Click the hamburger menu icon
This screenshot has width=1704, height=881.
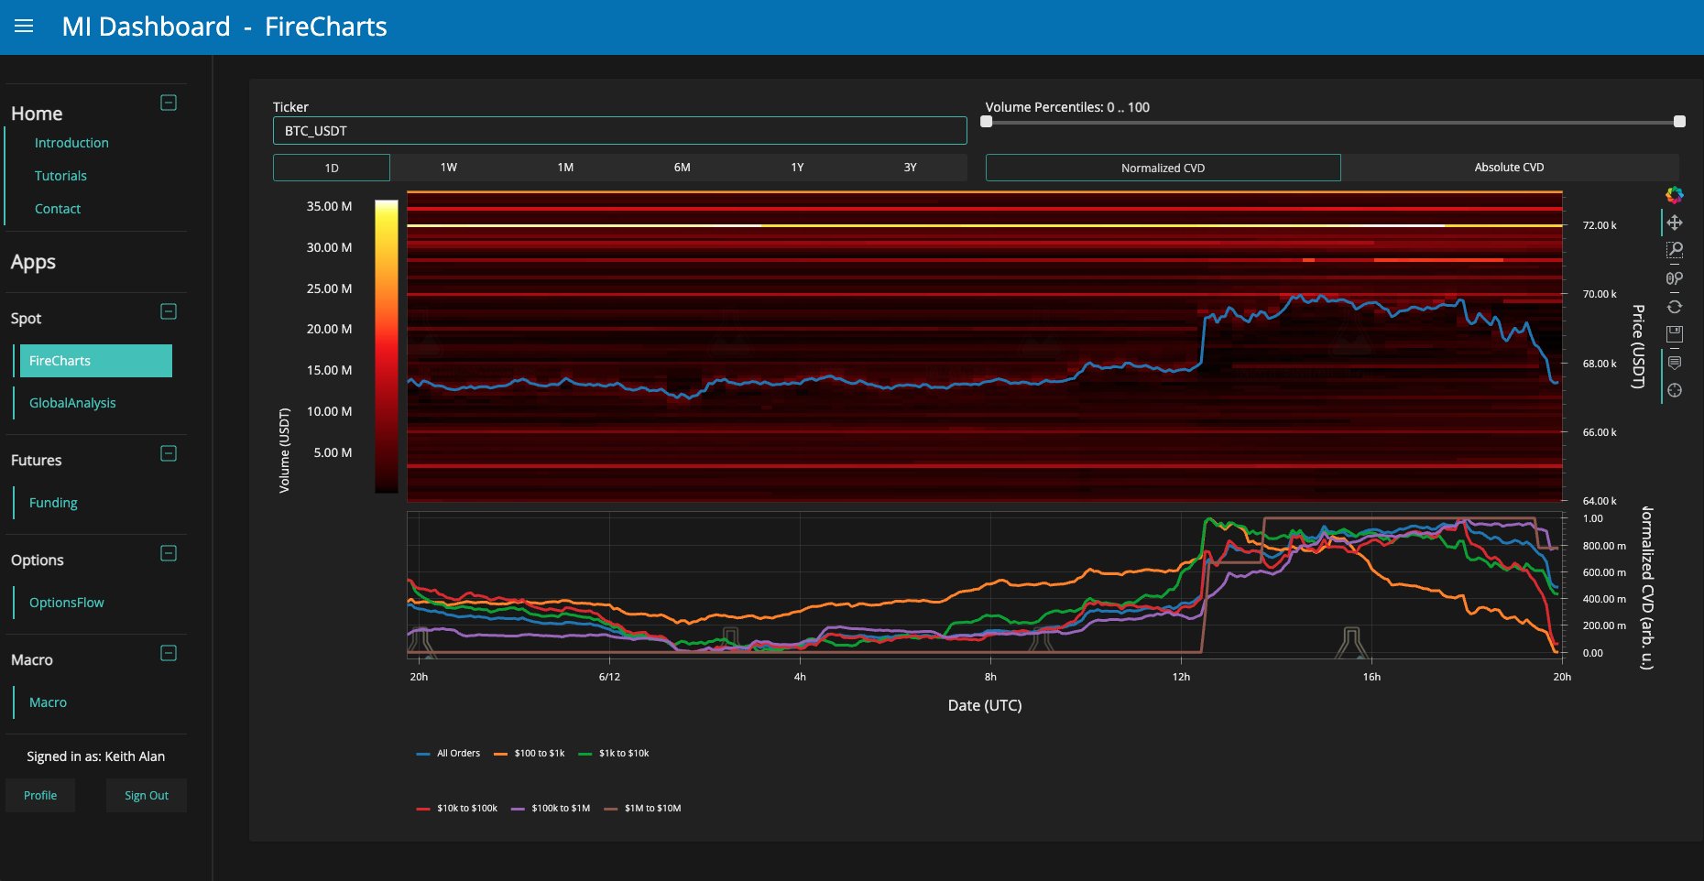(x=24, y=27)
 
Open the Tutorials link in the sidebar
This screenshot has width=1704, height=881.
(x=60, y=176)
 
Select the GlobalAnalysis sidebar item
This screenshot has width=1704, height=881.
(x=72, y=403)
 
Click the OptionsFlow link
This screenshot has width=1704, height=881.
(x=66, y=603)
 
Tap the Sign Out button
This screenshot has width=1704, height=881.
(x=147, y=796)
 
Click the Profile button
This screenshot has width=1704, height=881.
(x=40, y=796)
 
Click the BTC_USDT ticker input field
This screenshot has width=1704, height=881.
(x=619, y=131)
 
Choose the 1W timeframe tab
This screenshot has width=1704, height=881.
(x=449, y=168)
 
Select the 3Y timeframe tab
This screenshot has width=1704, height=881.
(x=910, y=168)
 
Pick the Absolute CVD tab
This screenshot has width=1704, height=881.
(x=1509, y=168)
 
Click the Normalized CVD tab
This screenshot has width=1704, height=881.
(x=1163, y=168)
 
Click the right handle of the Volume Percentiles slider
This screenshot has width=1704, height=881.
(x=1679, y=122)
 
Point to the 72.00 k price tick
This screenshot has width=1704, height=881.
(x=1600, y=225)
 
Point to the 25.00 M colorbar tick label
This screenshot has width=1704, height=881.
(x=329, y=288)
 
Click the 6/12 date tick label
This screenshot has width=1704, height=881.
(x=609, y=677)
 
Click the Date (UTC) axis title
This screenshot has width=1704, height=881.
(x=985, y=705)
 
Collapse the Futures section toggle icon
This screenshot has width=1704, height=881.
(x=169, y=453)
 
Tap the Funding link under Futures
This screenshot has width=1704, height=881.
(x=53, y=503)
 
